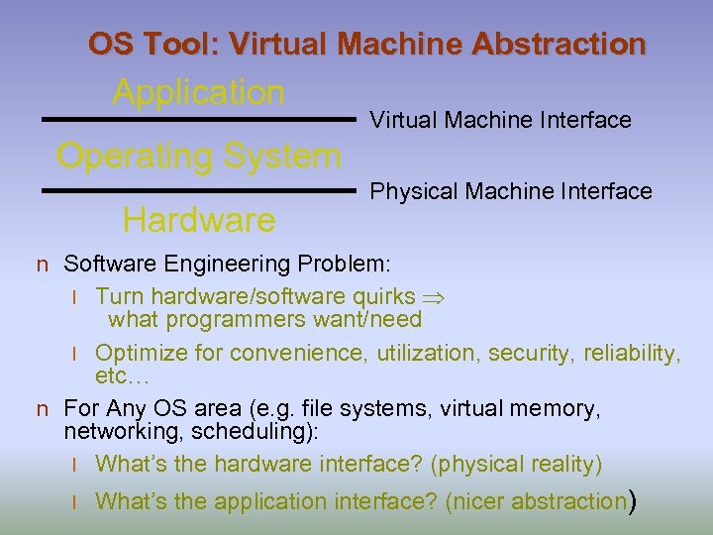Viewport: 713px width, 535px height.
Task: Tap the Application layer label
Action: [198, 92]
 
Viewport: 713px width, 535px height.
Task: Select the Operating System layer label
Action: [199, 156]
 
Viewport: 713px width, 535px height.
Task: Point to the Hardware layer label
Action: [198, 220]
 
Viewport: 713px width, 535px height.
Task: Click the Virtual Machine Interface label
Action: [500, 120]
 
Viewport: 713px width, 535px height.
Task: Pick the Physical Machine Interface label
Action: [511, 190]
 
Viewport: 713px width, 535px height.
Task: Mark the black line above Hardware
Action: [198, 189]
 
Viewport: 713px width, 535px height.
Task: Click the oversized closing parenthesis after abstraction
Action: [631, 501]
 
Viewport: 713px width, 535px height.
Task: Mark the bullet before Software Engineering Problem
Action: [43, 266]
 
